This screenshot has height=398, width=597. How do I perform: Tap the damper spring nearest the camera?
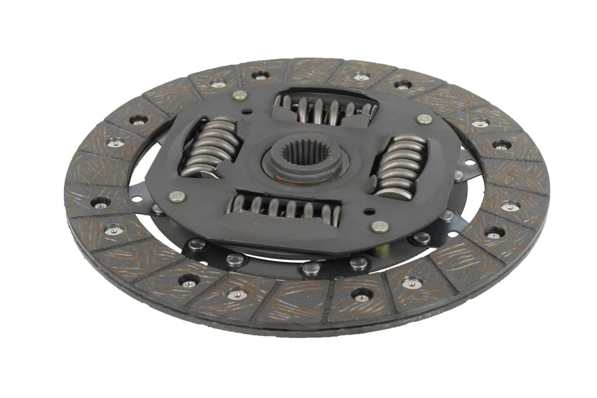coord(285,208)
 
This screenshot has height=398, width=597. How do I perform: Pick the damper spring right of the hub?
coord(400,165)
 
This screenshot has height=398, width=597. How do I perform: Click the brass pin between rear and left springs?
coord(239,96)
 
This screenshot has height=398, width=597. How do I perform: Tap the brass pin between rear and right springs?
coord(425,119)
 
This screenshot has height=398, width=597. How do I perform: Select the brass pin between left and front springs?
coord(177,197)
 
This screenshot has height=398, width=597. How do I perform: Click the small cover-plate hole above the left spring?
coord(248,113)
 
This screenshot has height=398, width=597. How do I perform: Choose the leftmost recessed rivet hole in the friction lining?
coord(99,203)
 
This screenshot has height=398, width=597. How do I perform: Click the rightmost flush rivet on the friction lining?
coord(510,206)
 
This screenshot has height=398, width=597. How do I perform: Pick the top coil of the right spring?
coord(409,141)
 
